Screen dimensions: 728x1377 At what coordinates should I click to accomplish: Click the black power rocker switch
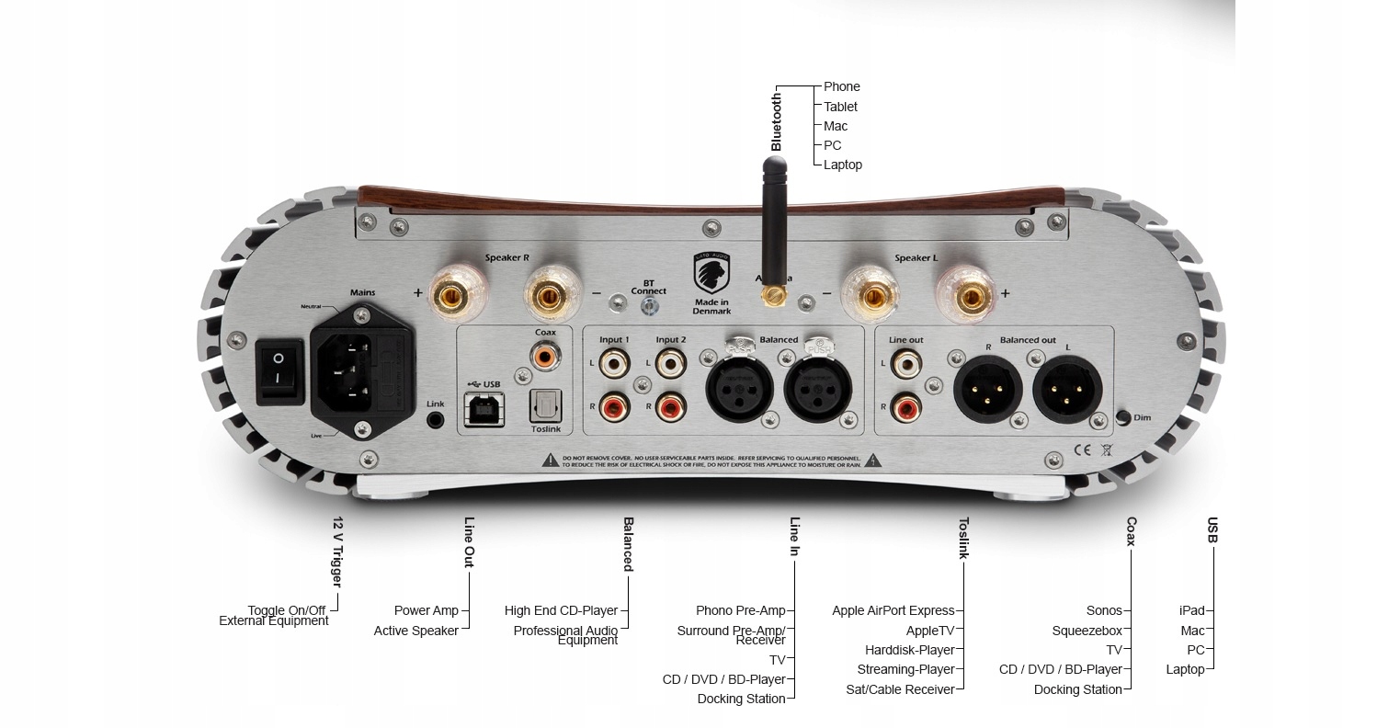tap(279, 372)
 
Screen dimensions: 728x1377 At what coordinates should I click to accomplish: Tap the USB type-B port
tap(484, 408)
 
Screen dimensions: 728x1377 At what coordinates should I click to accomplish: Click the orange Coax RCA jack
tap(544, 353)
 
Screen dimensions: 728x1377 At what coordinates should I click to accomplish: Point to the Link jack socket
tap(436, 420)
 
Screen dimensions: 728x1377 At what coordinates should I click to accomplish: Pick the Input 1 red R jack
tap(612, 404)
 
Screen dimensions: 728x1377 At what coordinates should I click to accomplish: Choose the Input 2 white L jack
tap(670, 364)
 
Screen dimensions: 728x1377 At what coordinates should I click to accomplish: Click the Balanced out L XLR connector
tap(1068, 386)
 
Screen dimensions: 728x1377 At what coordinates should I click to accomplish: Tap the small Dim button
tap(1122, 417)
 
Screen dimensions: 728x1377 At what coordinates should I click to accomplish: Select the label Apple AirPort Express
tap(893, 610)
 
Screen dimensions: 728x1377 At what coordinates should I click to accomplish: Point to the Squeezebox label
tap(1087, 631)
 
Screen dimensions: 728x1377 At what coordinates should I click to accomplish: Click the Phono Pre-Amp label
tap(740, 610)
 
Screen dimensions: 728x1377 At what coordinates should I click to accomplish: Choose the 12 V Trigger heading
tap(337, 552)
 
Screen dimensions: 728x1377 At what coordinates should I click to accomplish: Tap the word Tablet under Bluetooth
tap(840, 107)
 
